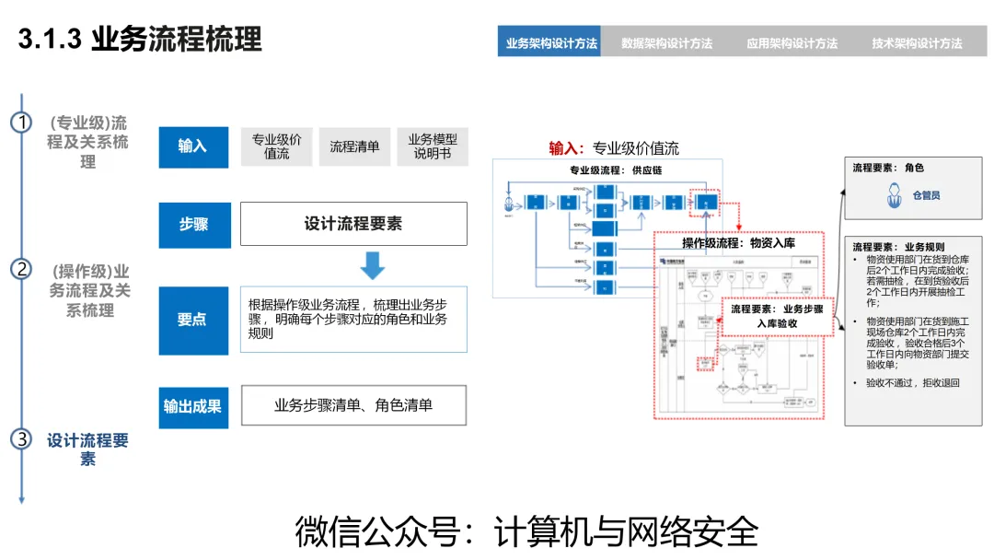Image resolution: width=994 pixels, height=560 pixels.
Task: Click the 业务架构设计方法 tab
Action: click(551, 42)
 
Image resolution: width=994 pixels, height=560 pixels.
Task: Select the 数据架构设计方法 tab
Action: click(666, 42)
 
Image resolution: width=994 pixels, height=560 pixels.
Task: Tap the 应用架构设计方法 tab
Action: click(792, 42)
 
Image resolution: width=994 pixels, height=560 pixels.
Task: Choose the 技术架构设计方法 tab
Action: click(917, 42)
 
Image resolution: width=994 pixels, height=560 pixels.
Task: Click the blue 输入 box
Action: click(193, 146)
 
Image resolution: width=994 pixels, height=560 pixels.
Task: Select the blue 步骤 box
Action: click(193, 225)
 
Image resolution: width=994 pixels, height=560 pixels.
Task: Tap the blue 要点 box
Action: click(193, 321)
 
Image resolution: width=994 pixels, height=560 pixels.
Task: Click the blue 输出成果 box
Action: click(193, 405)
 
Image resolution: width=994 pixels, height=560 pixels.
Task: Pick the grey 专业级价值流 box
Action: click(277, 146)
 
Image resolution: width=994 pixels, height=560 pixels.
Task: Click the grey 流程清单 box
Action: click(355, 146)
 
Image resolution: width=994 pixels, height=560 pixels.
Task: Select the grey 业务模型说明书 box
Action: click(433, 146)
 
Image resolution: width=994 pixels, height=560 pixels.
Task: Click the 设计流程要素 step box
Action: click(353, 224)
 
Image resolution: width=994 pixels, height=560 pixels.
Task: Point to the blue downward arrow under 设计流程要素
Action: click(372, 266)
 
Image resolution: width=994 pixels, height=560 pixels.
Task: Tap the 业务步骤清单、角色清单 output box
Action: click(353, 405)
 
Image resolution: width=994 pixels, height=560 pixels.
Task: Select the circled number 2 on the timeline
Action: click(21, 269)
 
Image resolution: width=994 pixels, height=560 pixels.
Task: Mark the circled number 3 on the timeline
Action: click(21, 438)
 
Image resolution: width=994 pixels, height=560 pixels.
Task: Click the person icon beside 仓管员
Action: click(892, 196)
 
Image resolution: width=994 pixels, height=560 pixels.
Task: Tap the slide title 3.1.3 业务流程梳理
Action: click(140, 40)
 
